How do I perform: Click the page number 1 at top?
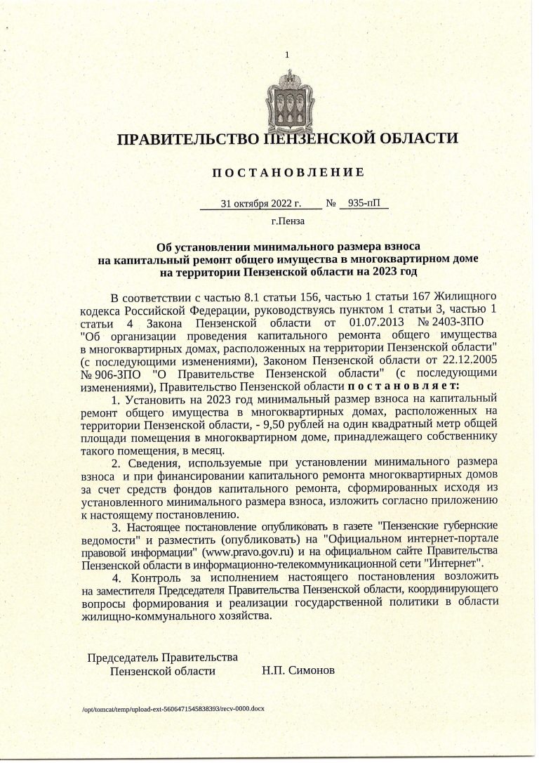click(287, 55)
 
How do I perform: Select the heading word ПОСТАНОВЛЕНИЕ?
click(288, 172)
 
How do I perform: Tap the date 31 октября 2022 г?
click(260, 204)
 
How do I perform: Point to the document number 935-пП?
click(363, 204)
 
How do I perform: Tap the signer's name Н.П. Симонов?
click(298, 671)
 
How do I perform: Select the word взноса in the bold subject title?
click(394, 247)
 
